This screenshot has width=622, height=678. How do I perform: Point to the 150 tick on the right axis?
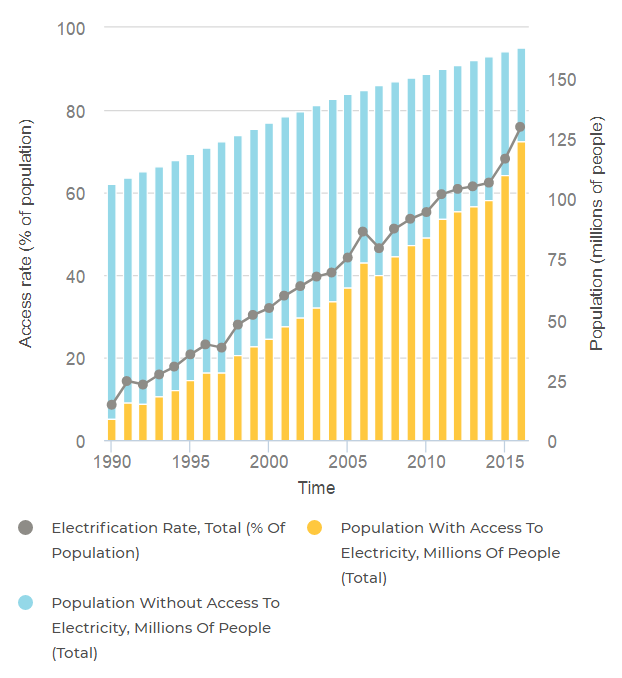(564, 79)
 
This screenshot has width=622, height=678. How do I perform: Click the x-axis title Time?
(316, 488)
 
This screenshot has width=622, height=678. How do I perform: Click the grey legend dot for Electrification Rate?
(26, 527)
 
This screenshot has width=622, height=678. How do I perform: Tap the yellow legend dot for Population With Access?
(316, 527)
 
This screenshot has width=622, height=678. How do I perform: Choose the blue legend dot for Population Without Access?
(26, 603)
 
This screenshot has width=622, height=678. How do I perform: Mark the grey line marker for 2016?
(521, 127)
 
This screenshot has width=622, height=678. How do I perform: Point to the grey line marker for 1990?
(112, 405)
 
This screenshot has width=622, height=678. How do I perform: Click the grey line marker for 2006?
(363, 232)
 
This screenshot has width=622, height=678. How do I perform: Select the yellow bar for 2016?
(521, 290)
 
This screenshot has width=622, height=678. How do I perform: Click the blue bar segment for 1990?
(112, 300)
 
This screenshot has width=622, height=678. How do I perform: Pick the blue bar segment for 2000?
(269, 230)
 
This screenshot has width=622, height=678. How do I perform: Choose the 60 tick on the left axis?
(73, 193)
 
